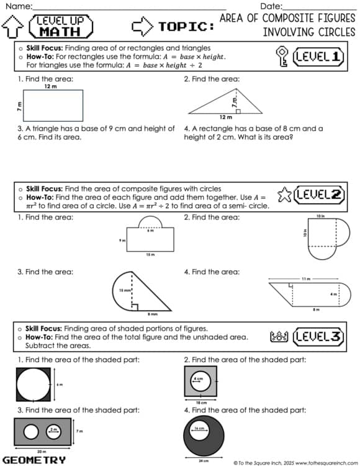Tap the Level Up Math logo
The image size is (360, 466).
[x=65, y=26]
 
